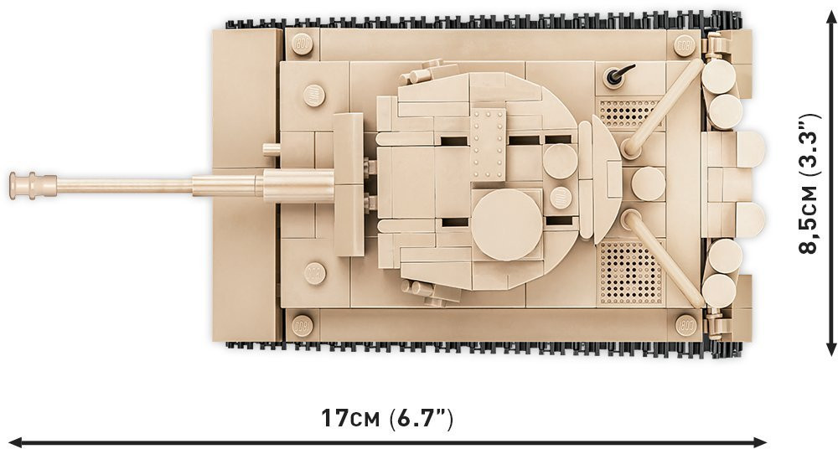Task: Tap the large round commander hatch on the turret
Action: pyautogui.click(x=504, y=224)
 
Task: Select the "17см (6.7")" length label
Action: pyautogui.click(x=387, y=416)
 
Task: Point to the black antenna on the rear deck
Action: pyautogui.click(x=617, y=78)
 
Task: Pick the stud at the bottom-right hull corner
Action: pyautogui.click(x=685, y=324)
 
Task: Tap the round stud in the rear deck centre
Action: pyautogui.click(x=648, y=183)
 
